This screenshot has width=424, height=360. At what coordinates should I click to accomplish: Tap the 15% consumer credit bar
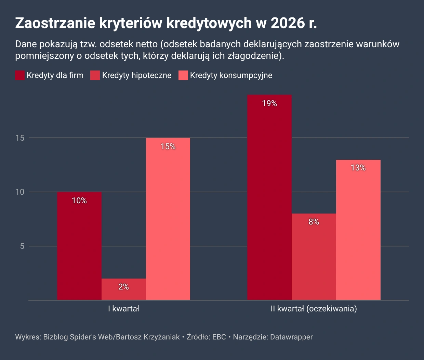[168, 219]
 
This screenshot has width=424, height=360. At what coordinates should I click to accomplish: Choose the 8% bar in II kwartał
[314, 257]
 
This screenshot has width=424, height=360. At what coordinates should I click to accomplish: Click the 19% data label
[269, 103]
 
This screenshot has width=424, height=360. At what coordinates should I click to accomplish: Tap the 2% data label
[124, 287]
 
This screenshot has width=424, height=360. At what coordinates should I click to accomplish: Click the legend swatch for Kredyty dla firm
[20, 75]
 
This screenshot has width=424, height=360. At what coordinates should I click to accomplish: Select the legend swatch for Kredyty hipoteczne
[95, 75]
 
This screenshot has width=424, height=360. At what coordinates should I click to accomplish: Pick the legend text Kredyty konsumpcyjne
[231, 75]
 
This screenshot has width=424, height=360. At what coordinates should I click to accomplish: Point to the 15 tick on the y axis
[20, 138]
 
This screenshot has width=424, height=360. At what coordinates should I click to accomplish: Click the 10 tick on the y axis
[20, 192]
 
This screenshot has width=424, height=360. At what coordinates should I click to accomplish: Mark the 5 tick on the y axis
[22, 246]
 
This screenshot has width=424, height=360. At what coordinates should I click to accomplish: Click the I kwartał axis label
[124, 309]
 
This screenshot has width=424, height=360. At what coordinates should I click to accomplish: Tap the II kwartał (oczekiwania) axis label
[314, 309]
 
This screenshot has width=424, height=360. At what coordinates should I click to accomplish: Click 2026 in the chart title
[286, 23]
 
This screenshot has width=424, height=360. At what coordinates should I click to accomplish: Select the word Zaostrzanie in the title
[55, 23]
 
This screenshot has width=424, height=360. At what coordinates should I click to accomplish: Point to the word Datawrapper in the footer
[291, 337]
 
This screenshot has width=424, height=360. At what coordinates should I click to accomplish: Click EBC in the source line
[219, 337]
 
